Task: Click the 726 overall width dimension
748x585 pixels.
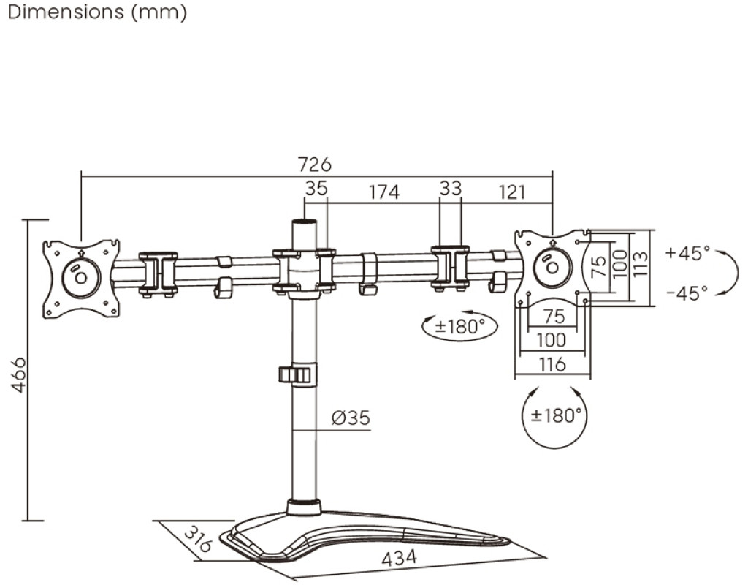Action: [314, 165]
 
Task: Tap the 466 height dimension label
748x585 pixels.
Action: [19, 374]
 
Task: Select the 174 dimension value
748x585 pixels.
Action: [384, 192]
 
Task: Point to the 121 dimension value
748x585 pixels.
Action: [512, 192]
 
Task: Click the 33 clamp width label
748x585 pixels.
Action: [450, 188]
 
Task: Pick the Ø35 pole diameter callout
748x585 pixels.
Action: [351, 418]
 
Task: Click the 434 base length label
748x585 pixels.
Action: [399, 557]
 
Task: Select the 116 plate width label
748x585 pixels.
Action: [552, 365]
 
